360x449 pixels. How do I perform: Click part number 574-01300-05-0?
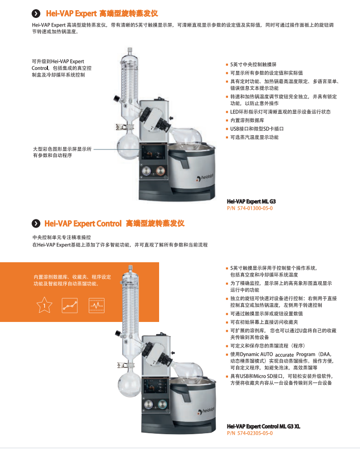pos(250,208)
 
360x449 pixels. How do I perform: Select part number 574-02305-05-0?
pos(250,433)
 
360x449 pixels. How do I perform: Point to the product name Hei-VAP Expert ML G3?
pos(251,202)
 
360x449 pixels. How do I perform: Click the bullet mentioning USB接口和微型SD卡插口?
pos(255,129)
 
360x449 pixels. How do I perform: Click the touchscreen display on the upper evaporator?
pos(155,152)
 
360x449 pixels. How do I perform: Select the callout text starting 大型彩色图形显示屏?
pos(61,152)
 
